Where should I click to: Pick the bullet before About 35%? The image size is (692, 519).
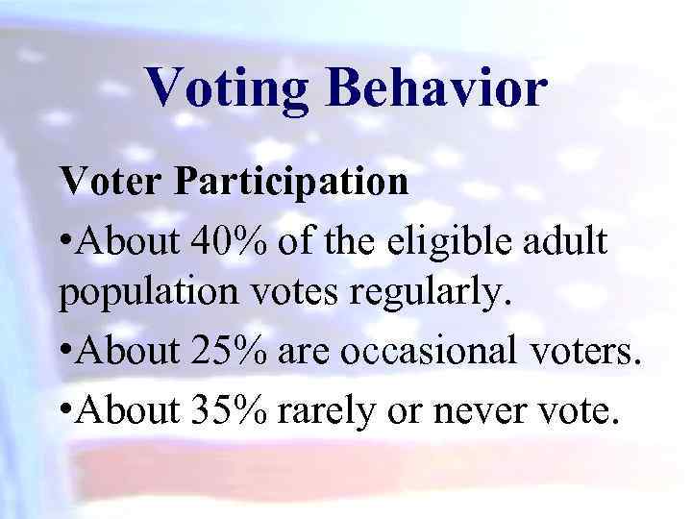coord(67,412)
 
